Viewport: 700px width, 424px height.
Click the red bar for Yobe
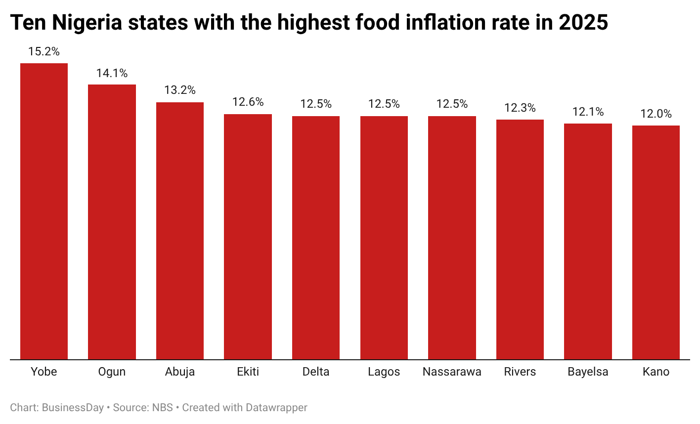(x=44, y=211)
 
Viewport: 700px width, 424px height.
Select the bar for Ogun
(x=112, y=222)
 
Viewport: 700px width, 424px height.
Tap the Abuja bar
(x=180, y=231)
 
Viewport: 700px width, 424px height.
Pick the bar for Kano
(x=656, y=242)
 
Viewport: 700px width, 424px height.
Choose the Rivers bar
(x=520, y=239)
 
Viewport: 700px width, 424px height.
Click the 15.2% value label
(x=44, y=51)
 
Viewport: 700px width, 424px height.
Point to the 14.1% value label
(x=112, y=73)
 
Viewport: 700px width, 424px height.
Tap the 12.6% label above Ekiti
(x=248, y=102)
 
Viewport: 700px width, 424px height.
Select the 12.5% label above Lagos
(x=384, y=104)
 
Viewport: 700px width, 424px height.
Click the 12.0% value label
(x=656, y=114)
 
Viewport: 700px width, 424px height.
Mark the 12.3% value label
(x=520, y=108)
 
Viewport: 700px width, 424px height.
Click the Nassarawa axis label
(x=452, y=372)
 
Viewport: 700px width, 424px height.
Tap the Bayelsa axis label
(x=588, y=372)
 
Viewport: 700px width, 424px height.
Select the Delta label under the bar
(x=316, y=372)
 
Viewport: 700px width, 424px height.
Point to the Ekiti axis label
(x=248, y=372)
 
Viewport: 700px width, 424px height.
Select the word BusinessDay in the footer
(x=73, y=408)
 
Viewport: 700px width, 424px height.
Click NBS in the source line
(x=163, y=408)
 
